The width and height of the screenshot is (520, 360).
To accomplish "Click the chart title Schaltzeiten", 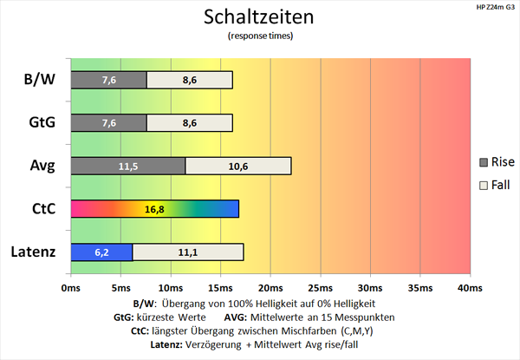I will [x=259, y=16].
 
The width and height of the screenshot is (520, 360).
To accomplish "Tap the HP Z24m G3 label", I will [x=494, y=8].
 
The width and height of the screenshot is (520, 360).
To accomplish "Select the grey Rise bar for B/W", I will [x=108, y=80].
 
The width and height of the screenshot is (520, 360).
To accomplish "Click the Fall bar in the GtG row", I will [x=190, y=122].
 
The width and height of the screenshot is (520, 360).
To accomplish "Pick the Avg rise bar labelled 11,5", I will [x=127, y=166].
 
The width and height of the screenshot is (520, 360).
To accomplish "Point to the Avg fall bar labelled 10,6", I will [x=238, y=166].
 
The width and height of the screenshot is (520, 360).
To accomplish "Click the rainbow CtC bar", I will [x=154, y=209].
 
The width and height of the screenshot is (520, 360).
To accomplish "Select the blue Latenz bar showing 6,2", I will [x=101, y=252].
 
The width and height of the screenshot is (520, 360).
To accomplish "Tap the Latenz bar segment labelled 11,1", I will [x=188, y=252].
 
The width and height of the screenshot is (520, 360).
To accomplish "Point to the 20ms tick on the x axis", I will [x=270, y=287].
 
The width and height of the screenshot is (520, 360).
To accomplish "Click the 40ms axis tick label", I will [x=470, y=287].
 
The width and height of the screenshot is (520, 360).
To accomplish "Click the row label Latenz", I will [x=34, y=252].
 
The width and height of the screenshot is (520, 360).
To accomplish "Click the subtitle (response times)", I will [x=259, y=36].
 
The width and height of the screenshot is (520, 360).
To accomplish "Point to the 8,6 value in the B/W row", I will [x=190, y=80].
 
